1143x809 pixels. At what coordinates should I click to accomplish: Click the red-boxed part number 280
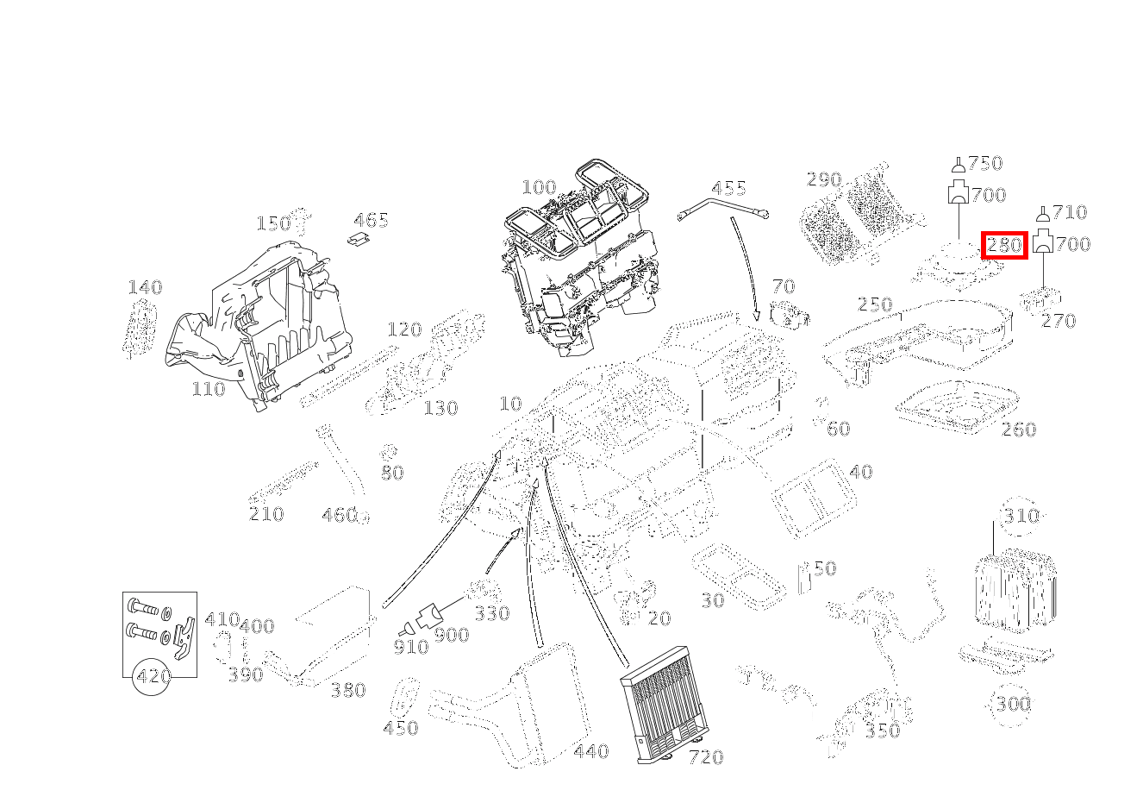pos(1003,245)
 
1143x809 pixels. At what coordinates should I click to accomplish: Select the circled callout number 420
pos(153,676)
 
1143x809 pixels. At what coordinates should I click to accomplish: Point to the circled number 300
pos(1013,704)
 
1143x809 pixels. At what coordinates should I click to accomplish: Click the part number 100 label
pos(539,187)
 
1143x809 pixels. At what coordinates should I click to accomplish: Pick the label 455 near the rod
pos(728,188)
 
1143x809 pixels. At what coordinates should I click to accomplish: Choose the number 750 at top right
pos(985,163)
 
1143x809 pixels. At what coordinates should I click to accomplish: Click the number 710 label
pos(1069,212)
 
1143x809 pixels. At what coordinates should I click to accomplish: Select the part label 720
pos(705,757)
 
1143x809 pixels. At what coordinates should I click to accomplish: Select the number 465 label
pos(371,221)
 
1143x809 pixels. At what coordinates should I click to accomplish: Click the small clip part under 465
pos(360,239)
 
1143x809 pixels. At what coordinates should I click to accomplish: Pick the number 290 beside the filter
pos(823,179)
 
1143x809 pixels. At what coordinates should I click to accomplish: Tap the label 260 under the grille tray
pos(1018,430)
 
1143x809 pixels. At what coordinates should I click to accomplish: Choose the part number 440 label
pos(590,752)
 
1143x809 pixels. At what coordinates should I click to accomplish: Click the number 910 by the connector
pos(410,647)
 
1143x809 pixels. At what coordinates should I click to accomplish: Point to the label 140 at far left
pos(145,287)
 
